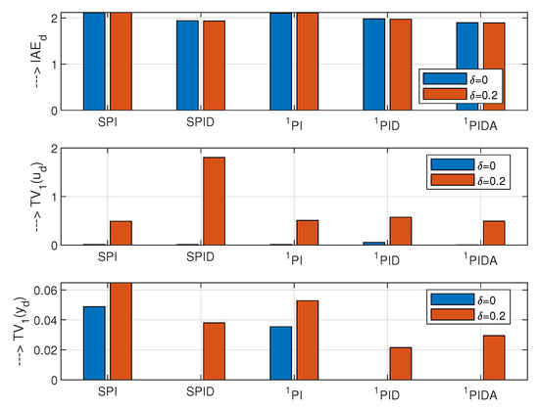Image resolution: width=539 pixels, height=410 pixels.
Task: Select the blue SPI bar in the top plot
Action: tap(94, 61)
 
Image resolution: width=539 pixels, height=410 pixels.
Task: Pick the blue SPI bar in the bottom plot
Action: tap(94, 342)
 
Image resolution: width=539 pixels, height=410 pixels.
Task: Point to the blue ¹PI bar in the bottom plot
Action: tap(280, 352)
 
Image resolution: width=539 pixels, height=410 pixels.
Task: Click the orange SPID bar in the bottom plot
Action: tap(214, 350)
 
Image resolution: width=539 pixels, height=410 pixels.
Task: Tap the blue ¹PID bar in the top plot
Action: tap(374, 64)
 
